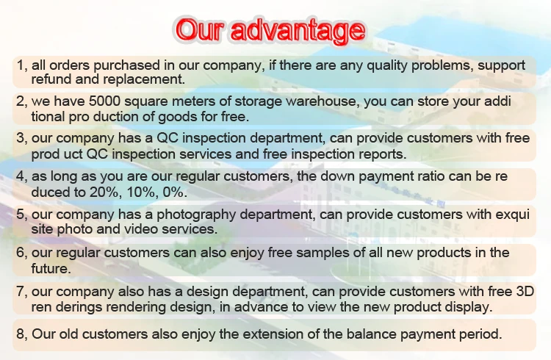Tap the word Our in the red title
tap(200, 29)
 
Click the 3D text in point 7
tap(525, 292)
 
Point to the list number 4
tap(20, 176)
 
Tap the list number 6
tap(20, 253)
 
